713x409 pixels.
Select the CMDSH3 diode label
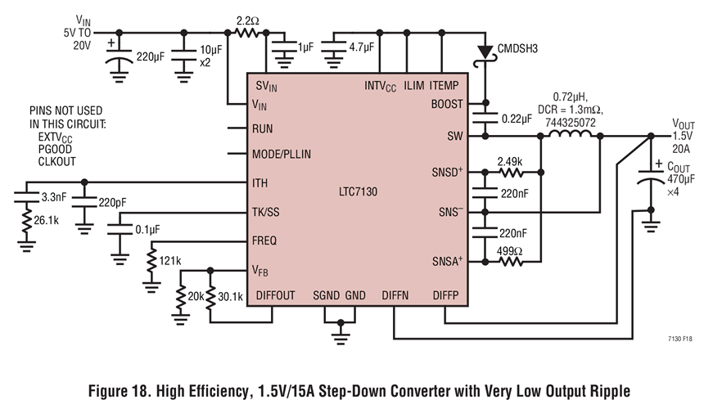(518, 49)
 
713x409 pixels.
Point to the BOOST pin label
(446, 104)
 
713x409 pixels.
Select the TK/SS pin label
(268, 212)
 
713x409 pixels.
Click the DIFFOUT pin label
(276, 295)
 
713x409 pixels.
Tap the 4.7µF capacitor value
(361, 47)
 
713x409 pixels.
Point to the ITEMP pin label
(444, 85)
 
